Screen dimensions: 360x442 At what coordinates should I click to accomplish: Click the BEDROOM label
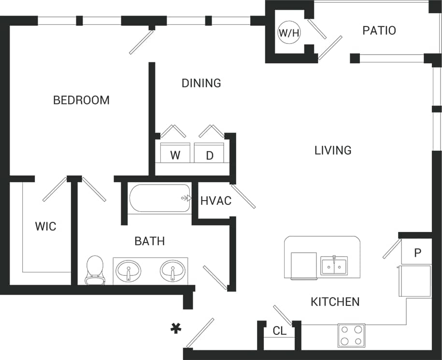click(81, 100)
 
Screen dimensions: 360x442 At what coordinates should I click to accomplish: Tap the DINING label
click(201, 83)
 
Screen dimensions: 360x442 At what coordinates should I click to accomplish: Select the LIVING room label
click(333, 150)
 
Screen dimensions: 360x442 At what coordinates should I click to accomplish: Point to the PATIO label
click(379, 30)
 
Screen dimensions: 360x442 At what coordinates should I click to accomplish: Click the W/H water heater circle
click(289, 33)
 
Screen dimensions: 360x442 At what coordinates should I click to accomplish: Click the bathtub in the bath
click(160, 198)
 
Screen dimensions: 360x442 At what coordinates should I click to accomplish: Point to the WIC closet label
click(45, 226)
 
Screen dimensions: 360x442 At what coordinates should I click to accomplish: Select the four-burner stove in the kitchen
click(351, 335)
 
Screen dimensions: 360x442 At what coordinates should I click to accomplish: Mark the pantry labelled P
click(417, 253)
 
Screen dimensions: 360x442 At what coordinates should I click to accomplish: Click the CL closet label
click(279, 331)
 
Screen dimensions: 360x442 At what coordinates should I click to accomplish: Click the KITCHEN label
click(335, 302)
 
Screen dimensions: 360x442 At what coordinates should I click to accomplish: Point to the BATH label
click(150, 241)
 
